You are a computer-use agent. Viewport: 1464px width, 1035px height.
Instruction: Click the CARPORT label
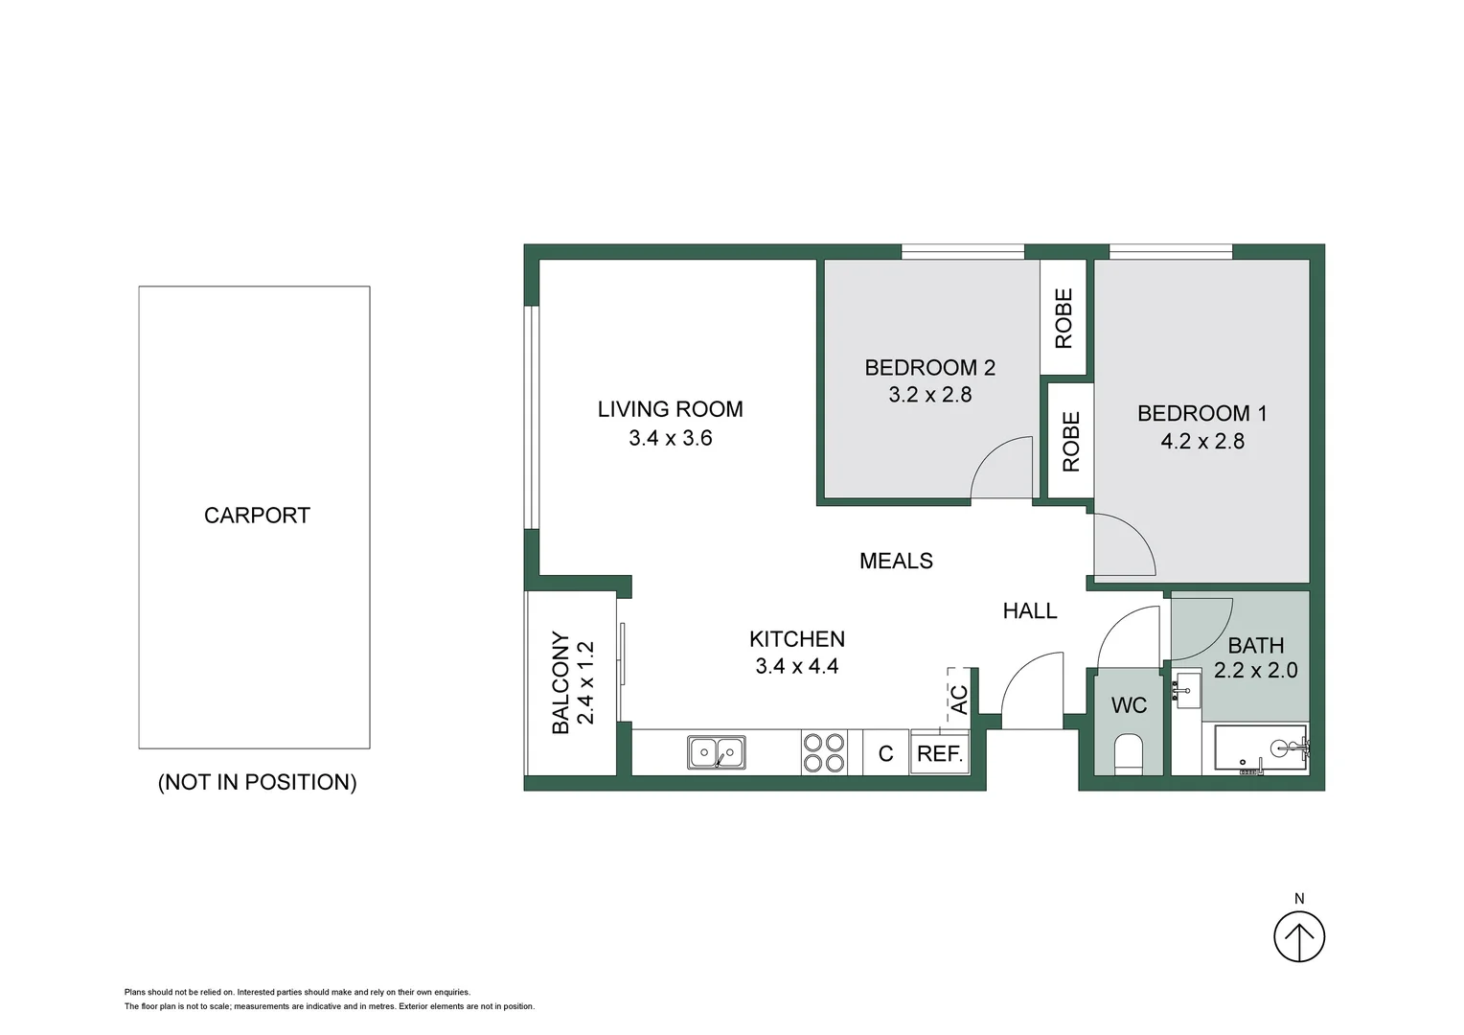tap(257, 516)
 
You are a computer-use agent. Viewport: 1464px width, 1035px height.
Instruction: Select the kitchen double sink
tap(717, 752)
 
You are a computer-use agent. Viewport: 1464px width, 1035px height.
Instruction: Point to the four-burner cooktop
tap(824, 752)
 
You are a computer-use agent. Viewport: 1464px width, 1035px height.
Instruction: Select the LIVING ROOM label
tap(671, 409)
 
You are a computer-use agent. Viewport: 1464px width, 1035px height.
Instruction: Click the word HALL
tap(1030, 610)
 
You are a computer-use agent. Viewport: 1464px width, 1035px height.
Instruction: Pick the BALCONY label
tap(560, 682)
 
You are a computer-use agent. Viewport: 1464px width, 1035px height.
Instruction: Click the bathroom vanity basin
tap(1185, 690)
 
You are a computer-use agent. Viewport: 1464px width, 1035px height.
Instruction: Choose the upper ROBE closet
tap(1064, 318)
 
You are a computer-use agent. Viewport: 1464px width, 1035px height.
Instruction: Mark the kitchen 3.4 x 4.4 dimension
tap(797, 666)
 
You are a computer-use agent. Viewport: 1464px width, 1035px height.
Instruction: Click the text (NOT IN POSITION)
tap(257, 782)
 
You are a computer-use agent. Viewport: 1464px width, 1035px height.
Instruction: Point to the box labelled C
tap(885, 753)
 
